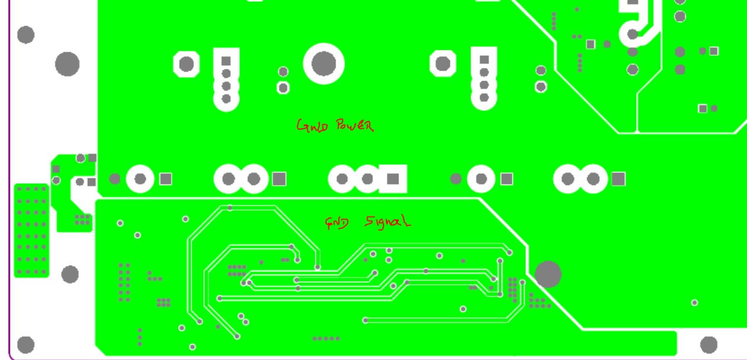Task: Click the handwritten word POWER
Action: coord(355,125)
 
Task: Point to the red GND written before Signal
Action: coord(337,222)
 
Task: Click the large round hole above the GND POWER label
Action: coord(324,63)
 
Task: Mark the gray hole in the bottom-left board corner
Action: coord(26,345)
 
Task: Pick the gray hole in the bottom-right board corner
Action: coord(708,344)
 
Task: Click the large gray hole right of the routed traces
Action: coord(548,274)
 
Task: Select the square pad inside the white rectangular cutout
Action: coord(393,179)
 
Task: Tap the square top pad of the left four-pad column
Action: coord(226,60)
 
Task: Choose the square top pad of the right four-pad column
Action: coord(484,59)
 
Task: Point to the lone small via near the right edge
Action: coord(694,302)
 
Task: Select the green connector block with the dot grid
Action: coord(31,230)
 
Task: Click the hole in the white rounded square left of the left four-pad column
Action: coord(186,63)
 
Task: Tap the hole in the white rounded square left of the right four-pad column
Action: coord(443,63)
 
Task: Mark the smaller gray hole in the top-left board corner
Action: coord(25,34)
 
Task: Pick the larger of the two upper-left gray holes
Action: coord(67,63)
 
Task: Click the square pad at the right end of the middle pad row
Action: coord(618,179)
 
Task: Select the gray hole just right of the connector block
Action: coord(70,274)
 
